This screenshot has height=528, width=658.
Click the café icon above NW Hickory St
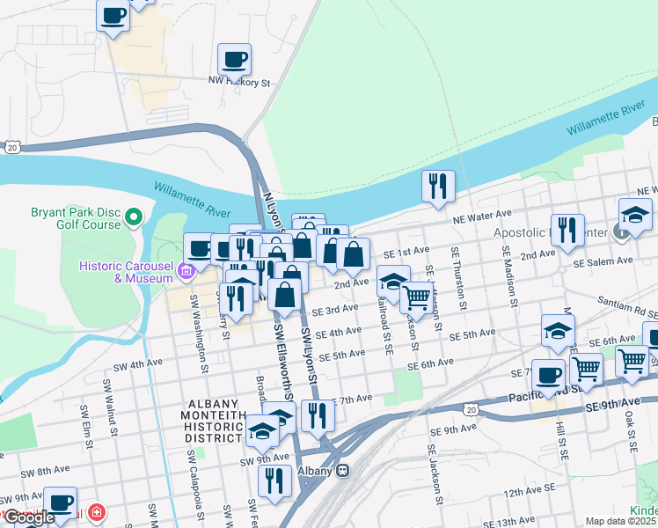(234, 60)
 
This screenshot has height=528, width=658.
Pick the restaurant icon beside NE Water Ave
(437, 186)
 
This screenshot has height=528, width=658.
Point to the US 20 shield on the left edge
(10, 148)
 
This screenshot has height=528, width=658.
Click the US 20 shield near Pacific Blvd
(472, 409)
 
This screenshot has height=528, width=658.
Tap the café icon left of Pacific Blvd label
(548, 375)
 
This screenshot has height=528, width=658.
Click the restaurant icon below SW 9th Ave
(275, 480)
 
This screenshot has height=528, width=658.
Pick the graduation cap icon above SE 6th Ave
(558, 331)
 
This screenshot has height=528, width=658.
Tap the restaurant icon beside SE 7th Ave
(317, 413)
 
